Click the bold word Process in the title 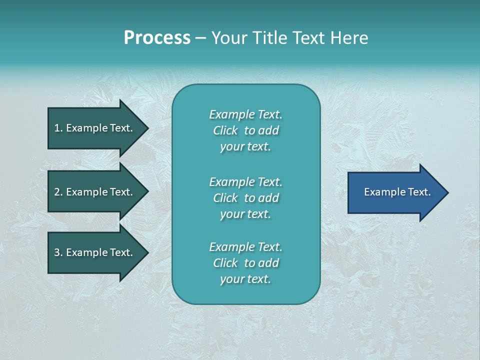pos(157,38)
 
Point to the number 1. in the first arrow pos(58,128)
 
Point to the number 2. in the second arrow pos(58,192)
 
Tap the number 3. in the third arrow pos(58,253)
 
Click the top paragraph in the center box pos(245,130)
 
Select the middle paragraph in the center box pos(245,198)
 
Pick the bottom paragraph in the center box pos(245,263)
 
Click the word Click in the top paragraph pos(225,130)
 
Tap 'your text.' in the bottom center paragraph pos(245,279)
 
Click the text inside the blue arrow pos(397,192)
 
